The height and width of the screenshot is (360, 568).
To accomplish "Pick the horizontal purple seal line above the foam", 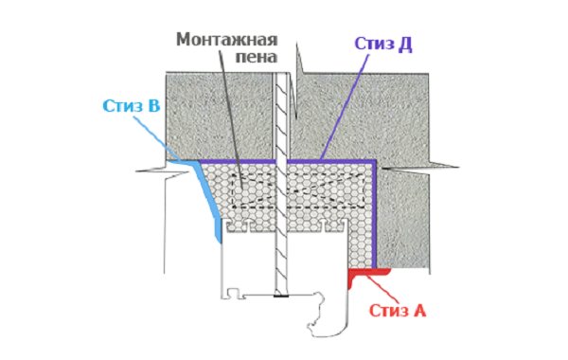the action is point(312,162).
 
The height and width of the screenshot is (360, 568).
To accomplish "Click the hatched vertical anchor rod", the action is point(281,218).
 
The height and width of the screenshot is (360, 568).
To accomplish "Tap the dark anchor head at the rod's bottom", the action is point(281,298).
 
